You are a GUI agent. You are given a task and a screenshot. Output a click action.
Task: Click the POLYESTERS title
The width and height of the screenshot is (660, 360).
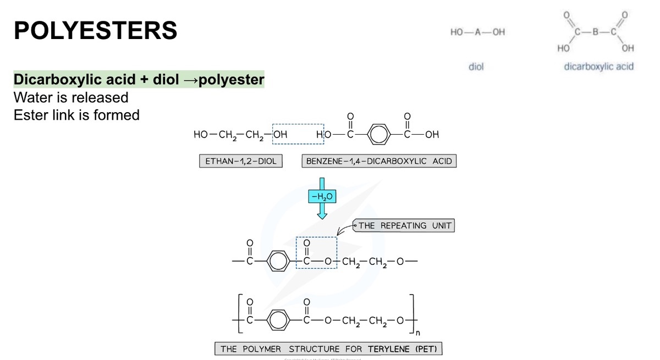95,30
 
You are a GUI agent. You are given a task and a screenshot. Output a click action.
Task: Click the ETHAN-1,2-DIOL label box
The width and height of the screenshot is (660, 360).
240,161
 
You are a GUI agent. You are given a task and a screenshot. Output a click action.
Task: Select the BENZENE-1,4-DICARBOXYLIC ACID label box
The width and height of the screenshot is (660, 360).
379,161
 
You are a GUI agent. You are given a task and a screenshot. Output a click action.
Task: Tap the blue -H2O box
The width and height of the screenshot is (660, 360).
323,196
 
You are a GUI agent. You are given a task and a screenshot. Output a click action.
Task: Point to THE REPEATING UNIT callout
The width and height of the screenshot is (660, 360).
404,225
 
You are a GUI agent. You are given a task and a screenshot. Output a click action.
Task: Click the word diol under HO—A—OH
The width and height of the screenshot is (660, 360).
476,67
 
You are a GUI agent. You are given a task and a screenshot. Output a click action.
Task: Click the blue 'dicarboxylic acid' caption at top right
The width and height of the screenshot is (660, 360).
599,67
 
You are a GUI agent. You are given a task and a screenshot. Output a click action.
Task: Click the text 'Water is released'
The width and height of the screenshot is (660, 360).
70,97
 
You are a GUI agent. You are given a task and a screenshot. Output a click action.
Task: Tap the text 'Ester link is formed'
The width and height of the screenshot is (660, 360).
76,115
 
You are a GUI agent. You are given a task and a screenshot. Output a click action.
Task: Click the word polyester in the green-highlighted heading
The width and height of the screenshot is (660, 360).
230,80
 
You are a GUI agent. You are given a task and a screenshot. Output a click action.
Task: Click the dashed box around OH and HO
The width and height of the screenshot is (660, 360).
298,135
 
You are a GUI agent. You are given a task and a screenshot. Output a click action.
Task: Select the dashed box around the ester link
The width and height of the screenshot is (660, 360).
316,253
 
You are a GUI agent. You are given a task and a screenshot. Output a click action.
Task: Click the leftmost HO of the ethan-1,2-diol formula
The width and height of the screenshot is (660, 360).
200,135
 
